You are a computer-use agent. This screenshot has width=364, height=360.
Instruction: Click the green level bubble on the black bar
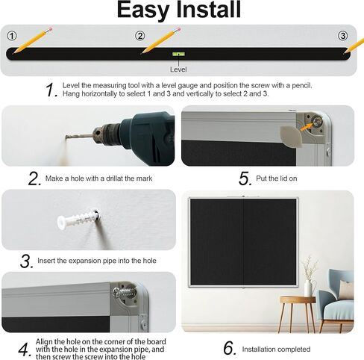[x=178, y=54]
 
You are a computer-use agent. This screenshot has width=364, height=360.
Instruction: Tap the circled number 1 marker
[x=12, y=36]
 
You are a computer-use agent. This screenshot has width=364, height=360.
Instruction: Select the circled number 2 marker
[x=140, y=36]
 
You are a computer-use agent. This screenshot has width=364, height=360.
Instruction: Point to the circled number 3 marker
[x=342, y=36]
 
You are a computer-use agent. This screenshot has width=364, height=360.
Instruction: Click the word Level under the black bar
[x=178, y=69]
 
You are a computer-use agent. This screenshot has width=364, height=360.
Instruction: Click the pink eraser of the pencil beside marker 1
[x=50, y=29]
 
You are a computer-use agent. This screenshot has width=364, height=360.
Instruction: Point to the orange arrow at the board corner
[x=307, y=126]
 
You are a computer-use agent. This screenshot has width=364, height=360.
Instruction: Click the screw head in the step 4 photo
[x=117, y=292]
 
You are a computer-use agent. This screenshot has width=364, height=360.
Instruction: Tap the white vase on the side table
[x=308, y=288]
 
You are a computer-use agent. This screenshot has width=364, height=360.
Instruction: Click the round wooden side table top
[x=298, y=300]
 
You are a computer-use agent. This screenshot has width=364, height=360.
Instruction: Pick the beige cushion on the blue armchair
[x=346, y=290]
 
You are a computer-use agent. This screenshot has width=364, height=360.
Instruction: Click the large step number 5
[x=245, y=179]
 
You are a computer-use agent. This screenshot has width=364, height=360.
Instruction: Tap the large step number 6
[x=229, y=348]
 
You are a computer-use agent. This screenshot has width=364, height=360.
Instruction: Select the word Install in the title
[x=208, y=10]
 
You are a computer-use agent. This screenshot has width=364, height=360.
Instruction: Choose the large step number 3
[x=27, y=261]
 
